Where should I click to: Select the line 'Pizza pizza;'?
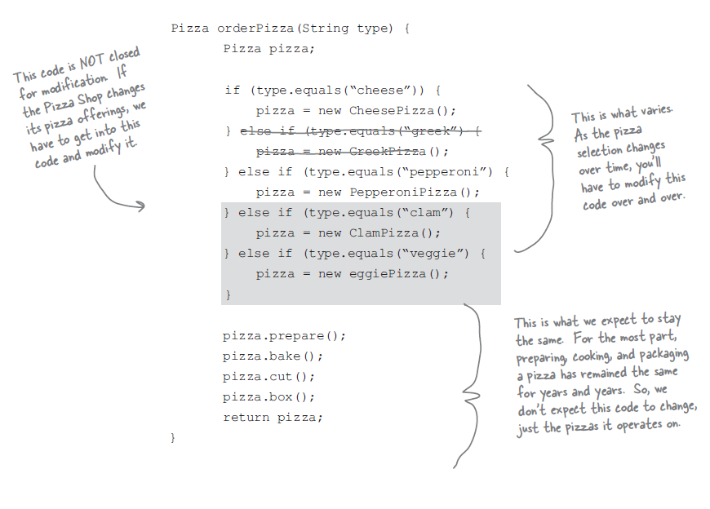(268, 49)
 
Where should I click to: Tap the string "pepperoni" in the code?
(454, 172)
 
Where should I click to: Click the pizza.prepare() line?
(284, 336)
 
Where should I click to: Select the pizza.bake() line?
(273, 356)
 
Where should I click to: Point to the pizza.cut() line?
(268, 377)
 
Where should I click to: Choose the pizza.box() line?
(268, 397)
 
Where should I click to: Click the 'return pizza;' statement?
(273, 418)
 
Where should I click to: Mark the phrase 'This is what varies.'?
(622, 114)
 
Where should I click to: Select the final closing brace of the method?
(173, 438)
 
